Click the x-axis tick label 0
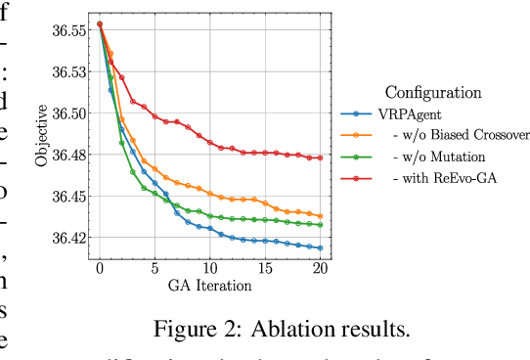(99, 269)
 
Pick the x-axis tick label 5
(155, 269)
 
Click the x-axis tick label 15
(265, 269)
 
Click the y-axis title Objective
(42, 134)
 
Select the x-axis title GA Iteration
(209, 286)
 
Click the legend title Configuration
(433, 93)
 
